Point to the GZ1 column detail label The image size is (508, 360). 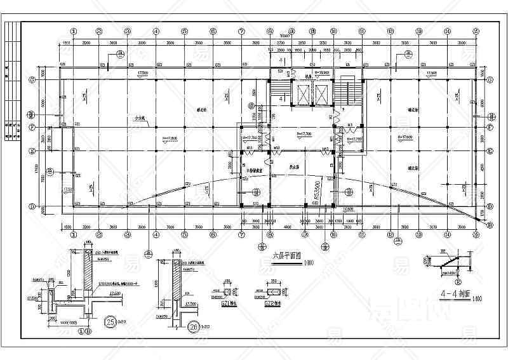click(x=227, y=302)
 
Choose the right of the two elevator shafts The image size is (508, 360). click(x=323, y=94)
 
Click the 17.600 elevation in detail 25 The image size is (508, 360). click(x=115, y=293)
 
